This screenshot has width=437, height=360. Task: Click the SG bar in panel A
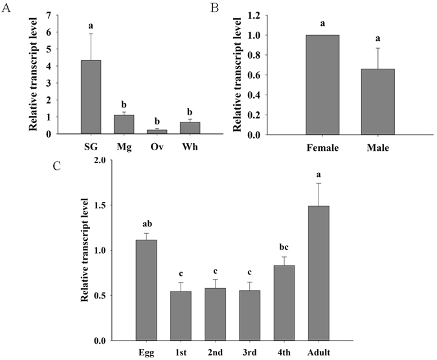click(x=91, y=97)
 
